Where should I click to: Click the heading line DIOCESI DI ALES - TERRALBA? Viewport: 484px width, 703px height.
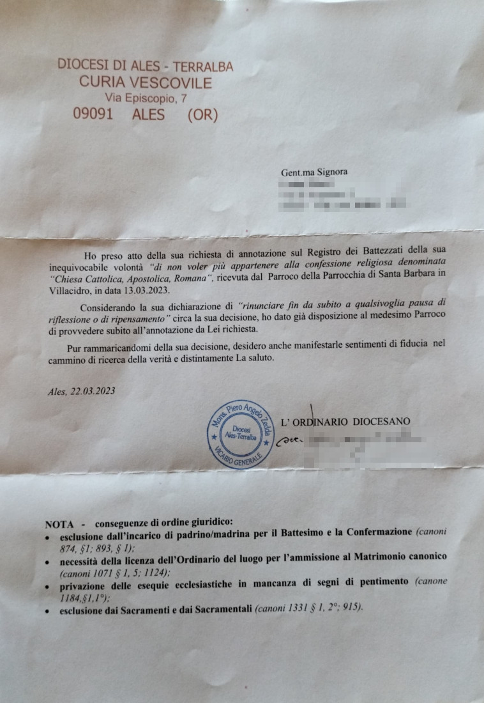pos(145,66)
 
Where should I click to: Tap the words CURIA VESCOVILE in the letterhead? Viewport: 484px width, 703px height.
pos(145,82)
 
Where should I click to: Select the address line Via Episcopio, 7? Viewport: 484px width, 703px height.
pos(146,98)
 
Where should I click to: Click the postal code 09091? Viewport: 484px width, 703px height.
pos(93,115)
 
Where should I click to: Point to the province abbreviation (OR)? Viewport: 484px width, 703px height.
pos(202,115)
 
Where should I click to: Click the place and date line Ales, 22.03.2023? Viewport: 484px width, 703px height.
pos(82,391)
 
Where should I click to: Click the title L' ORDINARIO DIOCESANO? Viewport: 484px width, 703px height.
pos(345,421)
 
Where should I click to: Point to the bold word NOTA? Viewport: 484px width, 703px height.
pos(59,523)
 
